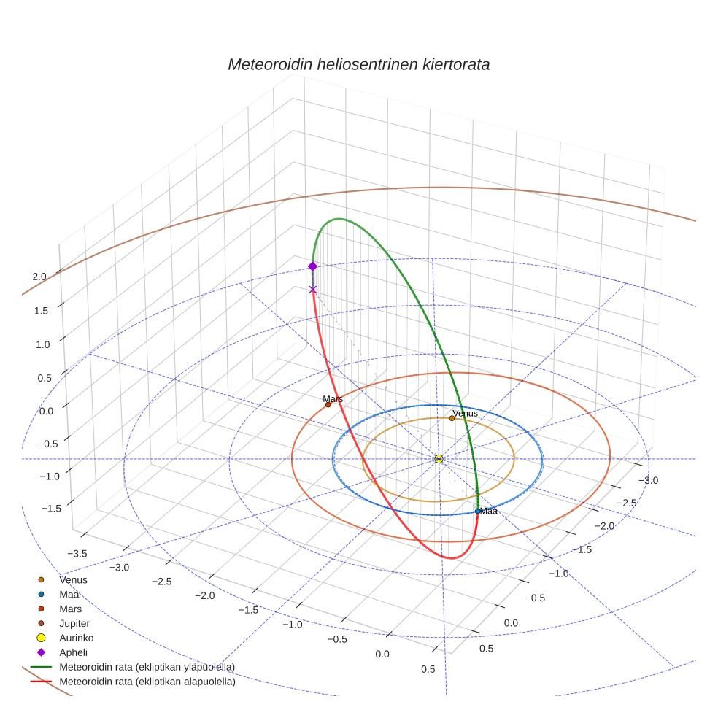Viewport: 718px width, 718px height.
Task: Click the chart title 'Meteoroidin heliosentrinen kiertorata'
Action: coord(358,64)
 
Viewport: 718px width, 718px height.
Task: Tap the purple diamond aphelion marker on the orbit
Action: coord(313,266)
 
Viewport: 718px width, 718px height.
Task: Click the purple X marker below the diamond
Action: coord(313,290)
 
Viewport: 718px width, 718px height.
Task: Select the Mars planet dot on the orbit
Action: coord(328,404)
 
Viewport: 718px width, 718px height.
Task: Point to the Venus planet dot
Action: coord(452,418)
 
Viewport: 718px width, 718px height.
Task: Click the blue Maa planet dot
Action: coord(478,511)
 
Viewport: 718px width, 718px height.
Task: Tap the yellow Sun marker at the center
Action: coord(439,459)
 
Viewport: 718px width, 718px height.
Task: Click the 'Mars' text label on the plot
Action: coord(333,399)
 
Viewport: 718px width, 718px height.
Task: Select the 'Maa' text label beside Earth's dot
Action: coord(489,511)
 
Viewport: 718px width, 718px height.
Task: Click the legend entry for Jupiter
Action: coord(74,623)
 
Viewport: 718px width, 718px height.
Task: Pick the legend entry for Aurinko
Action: coord(76,638)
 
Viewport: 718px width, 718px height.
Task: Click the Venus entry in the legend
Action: coord(73,579)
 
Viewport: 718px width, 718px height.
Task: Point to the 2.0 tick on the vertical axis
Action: coord(39,277)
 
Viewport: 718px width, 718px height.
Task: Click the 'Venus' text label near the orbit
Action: coord(465,413)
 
